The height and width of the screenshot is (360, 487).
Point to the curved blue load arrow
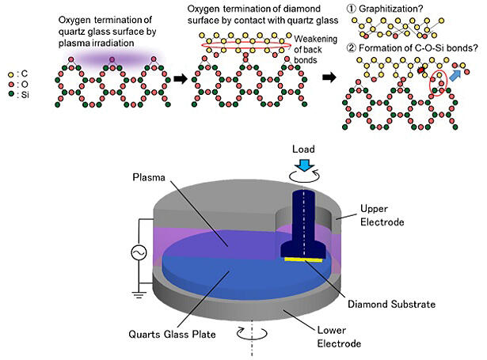pos(304,165)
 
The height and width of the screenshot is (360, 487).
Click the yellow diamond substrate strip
pos(303,257)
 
